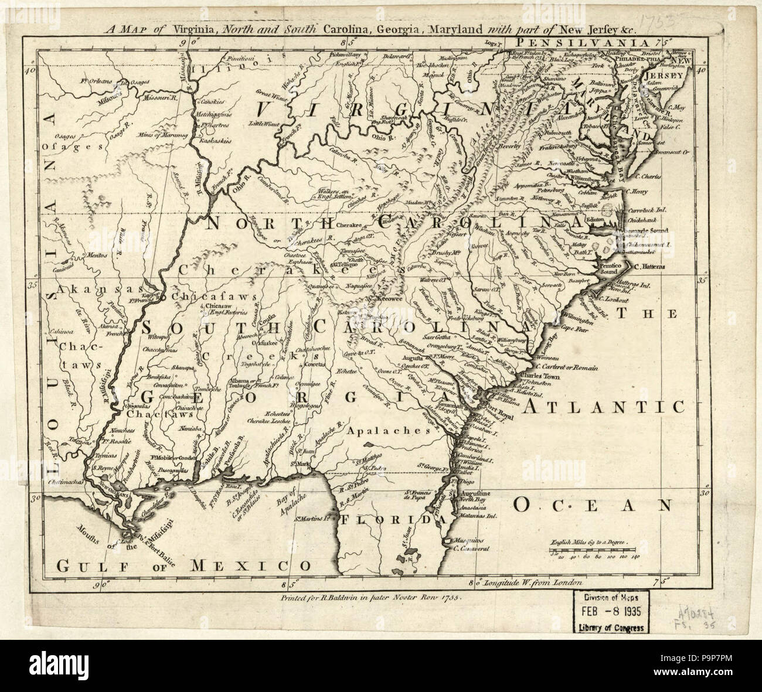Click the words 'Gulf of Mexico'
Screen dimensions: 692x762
pos(182,565)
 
